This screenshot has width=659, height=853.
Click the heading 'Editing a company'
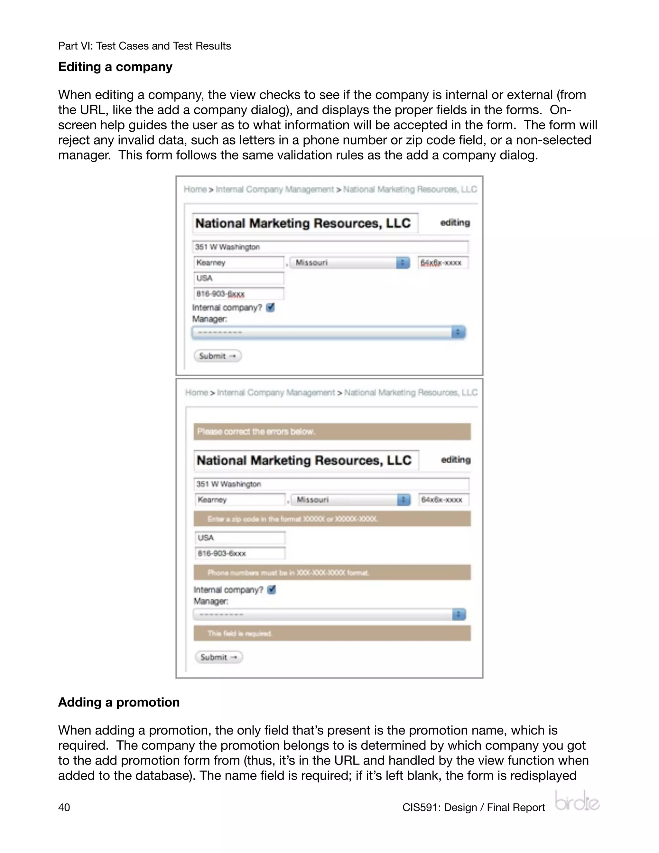click(115, 67)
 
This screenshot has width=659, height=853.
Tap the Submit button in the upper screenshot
click(218, 356)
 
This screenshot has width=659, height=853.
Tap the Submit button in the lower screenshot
click(218, 657)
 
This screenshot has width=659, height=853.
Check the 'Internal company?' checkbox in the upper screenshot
click(271, 307)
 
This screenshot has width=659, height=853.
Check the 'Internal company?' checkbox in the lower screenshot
click(272, 589)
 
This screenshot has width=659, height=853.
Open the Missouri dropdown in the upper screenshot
click(349, 262)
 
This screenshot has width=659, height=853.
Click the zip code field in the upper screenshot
click(443, 262)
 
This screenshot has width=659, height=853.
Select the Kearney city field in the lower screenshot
click(239, 500)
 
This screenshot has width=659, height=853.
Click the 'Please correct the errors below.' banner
click(332, 432)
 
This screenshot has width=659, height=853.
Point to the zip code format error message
click(332, 519)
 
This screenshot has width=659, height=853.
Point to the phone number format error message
click(332, 573)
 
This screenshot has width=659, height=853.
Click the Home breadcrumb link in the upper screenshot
click(195, 189)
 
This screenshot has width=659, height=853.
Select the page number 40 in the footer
click(64, 807)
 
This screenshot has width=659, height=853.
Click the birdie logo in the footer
click(577, 801)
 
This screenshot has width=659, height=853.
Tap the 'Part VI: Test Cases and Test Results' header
click(144, 46)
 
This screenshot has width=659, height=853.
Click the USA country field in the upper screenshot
click(238, 278)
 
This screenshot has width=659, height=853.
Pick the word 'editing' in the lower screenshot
click(456, 460)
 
